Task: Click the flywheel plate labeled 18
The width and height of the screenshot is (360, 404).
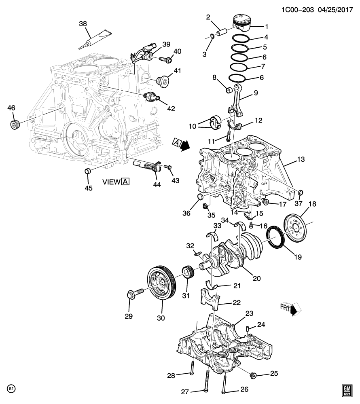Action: click(x=296, y=229)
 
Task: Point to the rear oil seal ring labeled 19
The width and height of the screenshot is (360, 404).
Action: click(x=275, y=239)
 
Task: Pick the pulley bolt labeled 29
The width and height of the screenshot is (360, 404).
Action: click(x=135, y=294)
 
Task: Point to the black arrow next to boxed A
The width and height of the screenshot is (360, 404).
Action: click(x=184, y=146)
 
